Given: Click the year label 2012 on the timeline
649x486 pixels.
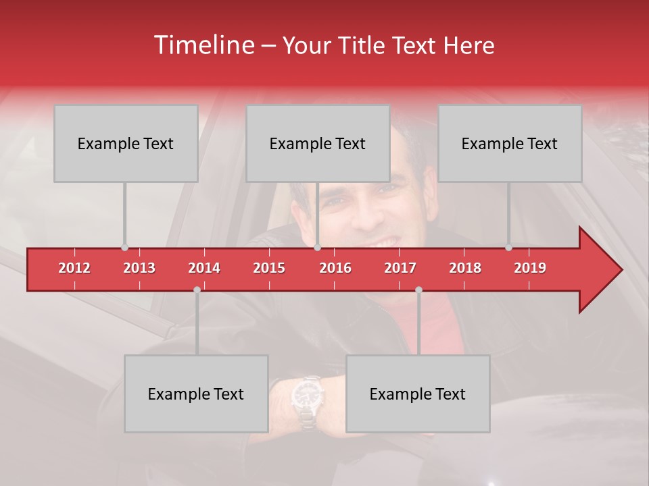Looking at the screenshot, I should tap(74, 268).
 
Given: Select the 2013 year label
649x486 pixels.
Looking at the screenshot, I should tap(139, 268).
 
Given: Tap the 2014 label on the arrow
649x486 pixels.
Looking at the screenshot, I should tap(204, 268).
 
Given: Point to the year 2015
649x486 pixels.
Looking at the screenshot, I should tap(269, 268).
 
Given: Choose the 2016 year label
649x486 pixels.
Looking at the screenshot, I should tap(335, 268).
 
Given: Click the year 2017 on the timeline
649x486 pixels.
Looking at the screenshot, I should tap(400, 268).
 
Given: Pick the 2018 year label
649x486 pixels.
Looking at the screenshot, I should tap(465, 268).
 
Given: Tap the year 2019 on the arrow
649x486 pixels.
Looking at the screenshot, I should tap(530, 268).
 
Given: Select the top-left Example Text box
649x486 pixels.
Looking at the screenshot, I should tap(126, 144).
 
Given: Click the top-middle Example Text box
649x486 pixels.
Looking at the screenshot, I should tap(318, 144).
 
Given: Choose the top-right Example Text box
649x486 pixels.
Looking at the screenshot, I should tap(510, 144).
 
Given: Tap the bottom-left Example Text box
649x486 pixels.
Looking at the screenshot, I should tap(196, 394).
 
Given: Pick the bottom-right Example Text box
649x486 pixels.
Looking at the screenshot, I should tap(418, 394).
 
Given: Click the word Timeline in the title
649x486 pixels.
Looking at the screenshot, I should tap(203, 45).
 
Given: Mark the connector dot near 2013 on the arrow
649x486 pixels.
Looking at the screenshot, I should tap(124, 248).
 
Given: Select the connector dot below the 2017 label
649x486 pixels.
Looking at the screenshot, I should tap(418, 290).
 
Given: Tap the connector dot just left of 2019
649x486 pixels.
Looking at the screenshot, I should tap(508, 248).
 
